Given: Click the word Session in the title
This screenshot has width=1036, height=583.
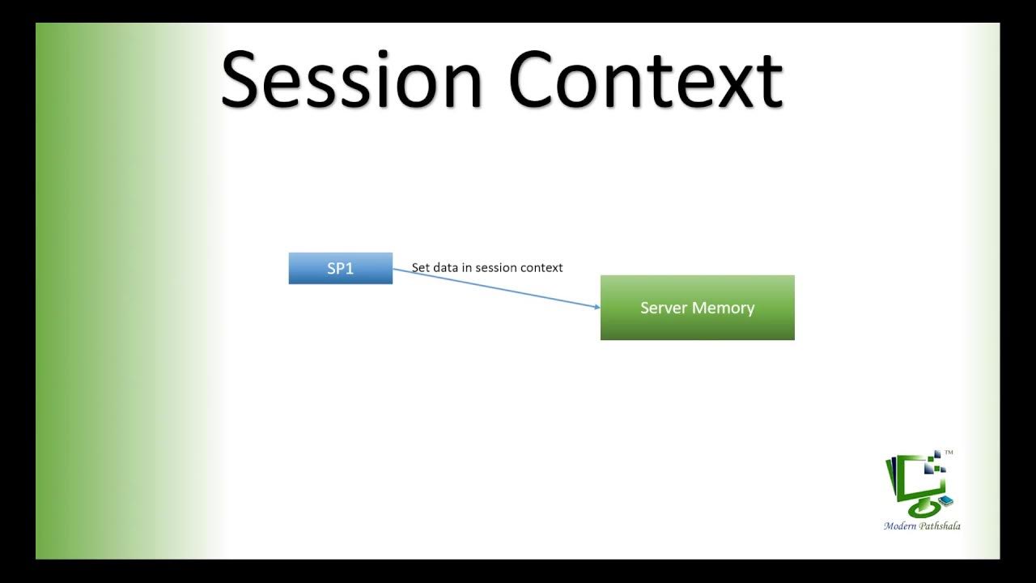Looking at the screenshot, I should [x=352, y=79].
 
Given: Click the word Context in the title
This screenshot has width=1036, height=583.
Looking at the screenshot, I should [x=646, y=79].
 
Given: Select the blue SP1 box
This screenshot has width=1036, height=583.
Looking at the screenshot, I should [x=340, y=269].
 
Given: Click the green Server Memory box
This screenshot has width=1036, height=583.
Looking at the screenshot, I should [x=697, y=308].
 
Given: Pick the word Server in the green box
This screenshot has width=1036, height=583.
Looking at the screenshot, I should [x=661, y=308].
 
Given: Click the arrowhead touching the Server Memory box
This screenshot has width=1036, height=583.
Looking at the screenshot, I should [x=597, y=307].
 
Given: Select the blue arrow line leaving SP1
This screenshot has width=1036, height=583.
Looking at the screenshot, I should [x=494, y=287].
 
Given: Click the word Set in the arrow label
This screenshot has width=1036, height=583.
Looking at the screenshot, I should [x=421, y=267].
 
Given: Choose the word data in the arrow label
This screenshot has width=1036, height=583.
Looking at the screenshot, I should [x=446, y=267].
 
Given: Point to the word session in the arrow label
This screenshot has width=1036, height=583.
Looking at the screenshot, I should [x=497, y=267].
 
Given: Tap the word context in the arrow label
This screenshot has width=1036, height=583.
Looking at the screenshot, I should [x=542, y=267].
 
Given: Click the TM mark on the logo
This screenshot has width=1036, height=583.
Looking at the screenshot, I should [x=949, y=453].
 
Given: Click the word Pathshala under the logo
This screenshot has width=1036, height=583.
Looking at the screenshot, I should [x=941, y=526].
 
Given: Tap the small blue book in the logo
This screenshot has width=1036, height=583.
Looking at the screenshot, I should [x=945, y=500].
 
